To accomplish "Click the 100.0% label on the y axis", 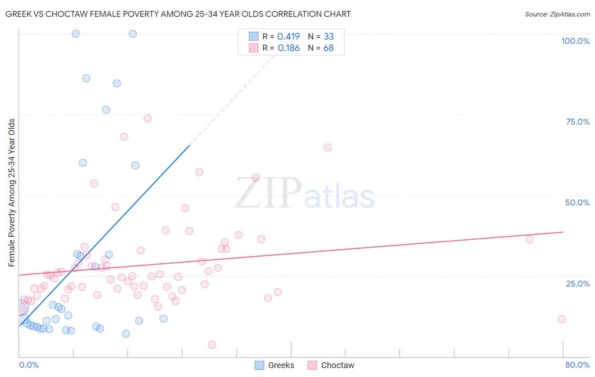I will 575,41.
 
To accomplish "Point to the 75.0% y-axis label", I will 578,122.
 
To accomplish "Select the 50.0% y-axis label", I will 577,202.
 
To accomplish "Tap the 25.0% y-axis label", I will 578,283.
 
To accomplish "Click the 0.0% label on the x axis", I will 29,365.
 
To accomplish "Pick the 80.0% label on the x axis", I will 577,365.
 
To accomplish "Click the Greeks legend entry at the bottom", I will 281,365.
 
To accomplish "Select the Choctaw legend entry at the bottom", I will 337,365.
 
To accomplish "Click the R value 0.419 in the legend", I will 289,37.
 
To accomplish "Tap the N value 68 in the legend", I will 328,48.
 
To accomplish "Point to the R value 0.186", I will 289,48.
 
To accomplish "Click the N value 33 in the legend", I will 328,37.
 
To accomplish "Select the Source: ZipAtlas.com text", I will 557,14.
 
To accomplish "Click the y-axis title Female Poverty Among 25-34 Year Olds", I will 12,193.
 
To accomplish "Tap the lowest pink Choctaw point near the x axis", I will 212,345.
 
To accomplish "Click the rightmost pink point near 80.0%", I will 562,319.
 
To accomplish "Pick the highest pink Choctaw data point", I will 147,118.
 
